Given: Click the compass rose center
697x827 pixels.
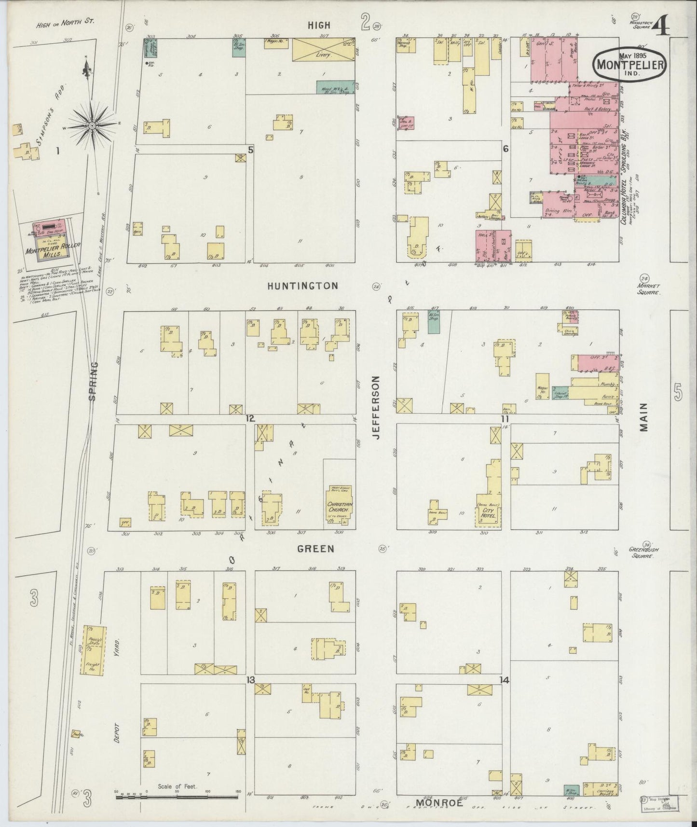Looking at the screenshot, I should click(x=92, y=126).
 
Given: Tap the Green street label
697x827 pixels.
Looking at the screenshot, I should click(x=315, y=548).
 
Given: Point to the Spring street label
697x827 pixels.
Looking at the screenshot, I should click(x=94, y=381).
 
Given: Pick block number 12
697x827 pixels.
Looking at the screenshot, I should click(x=250, y=418).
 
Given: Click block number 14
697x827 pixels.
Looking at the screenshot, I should click(x=505, y=680).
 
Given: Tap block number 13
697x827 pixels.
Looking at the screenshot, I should click(x=250, y=680).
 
